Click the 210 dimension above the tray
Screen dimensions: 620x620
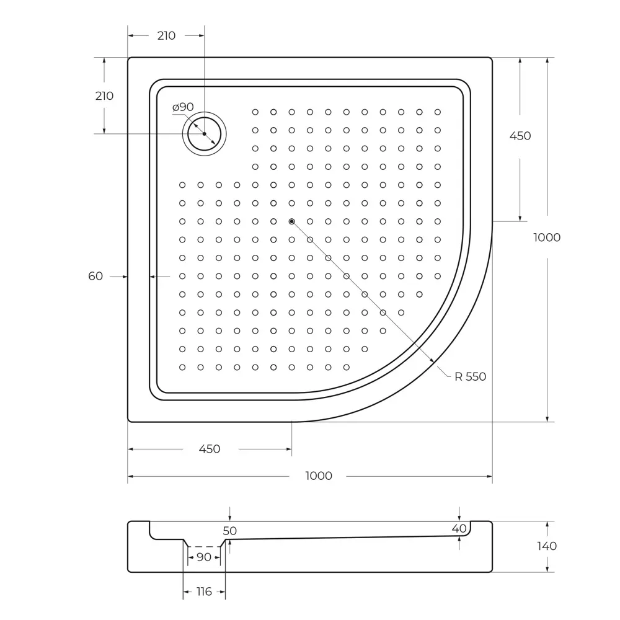(x=166, y=36)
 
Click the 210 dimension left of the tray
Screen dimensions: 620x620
(x=104, y=96)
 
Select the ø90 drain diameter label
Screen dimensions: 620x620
(x=183, y=107)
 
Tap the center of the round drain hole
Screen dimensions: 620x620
(x=204, y=133)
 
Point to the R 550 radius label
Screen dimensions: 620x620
(x=470, y=377)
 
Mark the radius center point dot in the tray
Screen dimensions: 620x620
(x=291, y=221)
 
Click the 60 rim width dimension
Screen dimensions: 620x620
(x=95, y=277)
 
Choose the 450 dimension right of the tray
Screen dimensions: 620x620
(x=520, y=136)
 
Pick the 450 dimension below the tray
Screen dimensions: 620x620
(x=210, y=449)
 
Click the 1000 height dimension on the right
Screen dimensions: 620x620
(x=547, y=237)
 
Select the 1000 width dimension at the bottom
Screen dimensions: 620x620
(x=319, y=476)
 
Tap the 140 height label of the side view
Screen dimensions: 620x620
(x=547, y=546)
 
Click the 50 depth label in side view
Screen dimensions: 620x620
(x=229, y=531)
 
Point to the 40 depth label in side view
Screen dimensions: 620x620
(x=459, y=528)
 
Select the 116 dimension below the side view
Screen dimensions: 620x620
(x=204, y=592)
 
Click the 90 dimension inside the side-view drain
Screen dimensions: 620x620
(x=204, y=557)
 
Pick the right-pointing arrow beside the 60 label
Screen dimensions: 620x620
(x=123, y=277)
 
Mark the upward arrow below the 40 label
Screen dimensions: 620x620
(x=459, y=539)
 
